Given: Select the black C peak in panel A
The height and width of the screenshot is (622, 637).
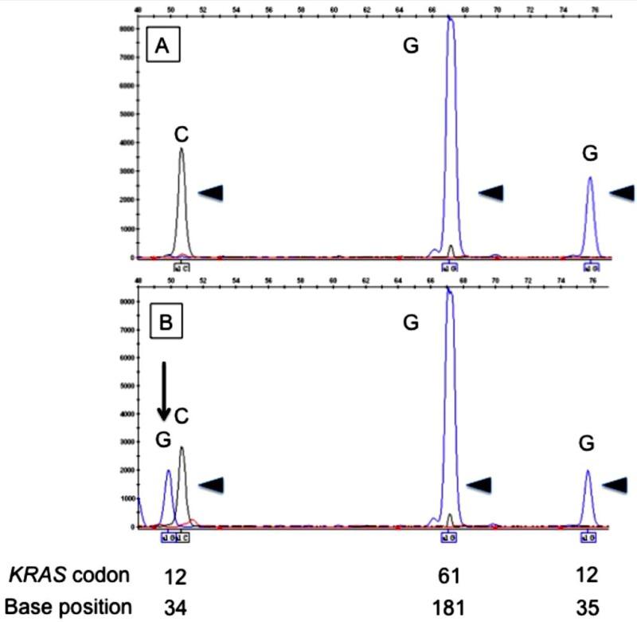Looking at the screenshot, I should (182, 199).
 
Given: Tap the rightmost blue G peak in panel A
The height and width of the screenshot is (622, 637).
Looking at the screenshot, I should (590, 215).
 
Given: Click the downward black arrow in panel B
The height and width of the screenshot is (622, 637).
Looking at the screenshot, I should (163, 391).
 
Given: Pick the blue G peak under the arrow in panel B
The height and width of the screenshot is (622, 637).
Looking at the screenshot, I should (168, 498).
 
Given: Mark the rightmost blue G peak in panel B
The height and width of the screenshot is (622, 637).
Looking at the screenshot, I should (588, 498).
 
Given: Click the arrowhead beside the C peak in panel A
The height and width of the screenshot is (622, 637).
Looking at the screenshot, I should (211, 191).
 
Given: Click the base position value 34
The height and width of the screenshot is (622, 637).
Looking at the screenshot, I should (174, 606).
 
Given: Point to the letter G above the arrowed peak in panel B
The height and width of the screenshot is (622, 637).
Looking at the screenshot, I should (162, 440).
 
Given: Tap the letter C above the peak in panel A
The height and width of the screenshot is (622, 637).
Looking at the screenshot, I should (182, 134).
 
